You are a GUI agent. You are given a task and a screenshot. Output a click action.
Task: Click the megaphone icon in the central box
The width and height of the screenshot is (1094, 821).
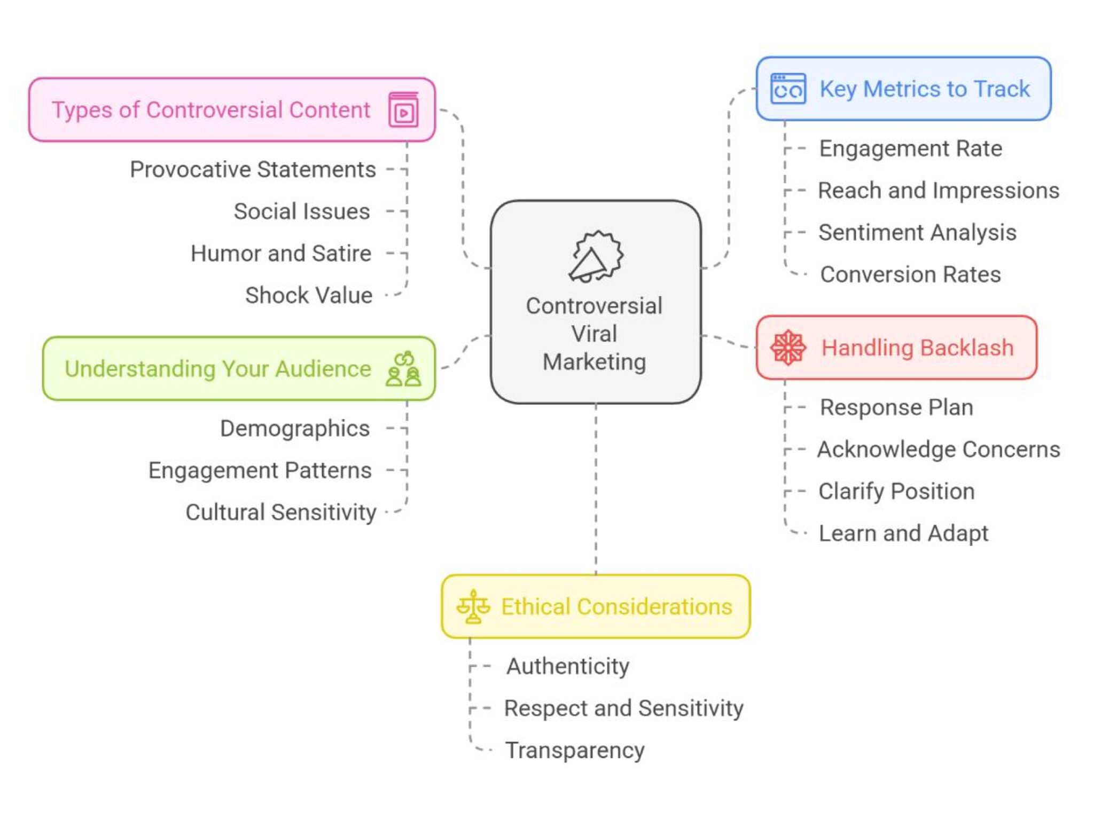pyautogui.click(x=595, y=257)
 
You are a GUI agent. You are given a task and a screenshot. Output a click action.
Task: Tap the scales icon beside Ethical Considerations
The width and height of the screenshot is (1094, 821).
pyautogui.click(x=473, y=606)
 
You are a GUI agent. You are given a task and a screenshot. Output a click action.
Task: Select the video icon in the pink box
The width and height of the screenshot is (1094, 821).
pyautogui.click(x=403, y=110)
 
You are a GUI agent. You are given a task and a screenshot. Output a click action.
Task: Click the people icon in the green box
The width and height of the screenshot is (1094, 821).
pyautogui.click(x=403, y=369)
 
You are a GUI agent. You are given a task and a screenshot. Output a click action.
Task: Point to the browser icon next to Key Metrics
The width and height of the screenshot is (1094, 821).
pyautogui.click(x=788, y=89)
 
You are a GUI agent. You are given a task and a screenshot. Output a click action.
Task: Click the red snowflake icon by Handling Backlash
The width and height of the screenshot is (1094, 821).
pyautogui.click(x=788, y=348)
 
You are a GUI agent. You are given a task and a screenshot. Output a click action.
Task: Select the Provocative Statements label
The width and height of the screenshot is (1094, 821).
pyautogui.click(x=253, y=170)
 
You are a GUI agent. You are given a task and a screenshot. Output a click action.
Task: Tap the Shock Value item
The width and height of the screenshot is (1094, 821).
pyautogui.click(x=308, y=295)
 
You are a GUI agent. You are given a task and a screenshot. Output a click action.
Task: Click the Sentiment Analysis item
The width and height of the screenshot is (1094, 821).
pyautogui.click(x=917, y=233)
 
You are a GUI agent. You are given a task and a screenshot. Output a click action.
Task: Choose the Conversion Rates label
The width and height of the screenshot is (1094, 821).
pyautogui.click(x=910, y=274)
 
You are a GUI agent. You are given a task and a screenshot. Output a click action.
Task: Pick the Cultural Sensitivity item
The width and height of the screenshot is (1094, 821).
pyautogui.click(x=280, y=512)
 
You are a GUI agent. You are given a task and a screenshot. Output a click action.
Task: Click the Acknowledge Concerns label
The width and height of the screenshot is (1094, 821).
pyautogui.click(x=939, y=449)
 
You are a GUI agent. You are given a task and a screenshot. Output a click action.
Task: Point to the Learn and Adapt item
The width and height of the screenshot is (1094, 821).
pyautogui.click(x=903, y=533)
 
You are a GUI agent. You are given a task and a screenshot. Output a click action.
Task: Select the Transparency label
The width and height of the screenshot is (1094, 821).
pyautogui.click(x=575, y=751)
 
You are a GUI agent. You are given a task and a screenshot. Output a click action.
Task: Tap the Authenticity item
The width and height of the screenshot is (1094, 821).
pyautogui.click(x=568, y=666)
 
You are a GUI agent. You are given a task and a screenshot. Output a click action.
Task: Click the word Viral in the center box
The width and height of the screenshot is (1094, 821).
pyautogui.click(x=594, y=334)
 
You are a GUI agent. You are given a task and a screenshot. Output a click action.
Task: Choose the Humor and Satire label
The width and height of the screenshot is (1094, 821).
pyautogui.click(x=280, y=254)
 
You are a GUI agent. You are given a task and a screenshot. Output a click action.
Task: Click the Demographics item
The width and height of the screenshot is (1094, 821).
pyautogui.click(x=294, y=429)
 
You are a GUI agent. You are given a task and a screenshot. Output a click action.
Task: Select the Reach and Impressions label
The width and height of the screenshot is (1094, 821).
pyautogui.click(x=939, y=191)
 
